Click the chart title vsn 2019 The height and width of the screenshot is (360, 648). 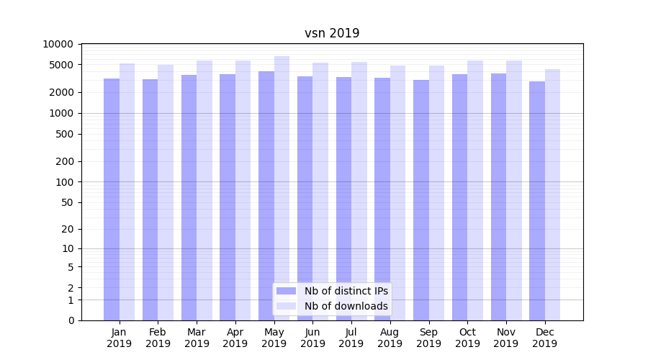coord(332,33)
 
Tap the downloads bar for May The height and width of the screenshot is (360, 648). coord(282,187)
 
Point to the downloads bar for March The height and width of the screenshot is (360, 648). coord(204,190)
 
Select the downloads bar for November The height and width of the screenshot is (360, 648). coord(514,190)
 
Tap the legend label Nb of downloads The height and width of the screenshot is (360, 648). coord(346,306)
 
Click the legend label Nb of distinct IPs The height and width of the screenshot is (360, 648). coord(346,291)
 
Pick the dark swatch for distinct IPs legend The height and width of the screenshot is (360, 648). coord(287,291)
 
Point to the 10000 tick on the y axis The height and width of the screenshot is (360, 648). coord(58,44)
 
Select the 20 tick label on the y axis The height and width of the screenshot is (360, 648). coord(67,229)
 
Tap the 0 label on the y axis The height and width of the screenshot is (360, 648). coord(71,320)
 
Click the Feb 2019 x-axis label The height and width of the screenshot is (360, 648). coord(158,338)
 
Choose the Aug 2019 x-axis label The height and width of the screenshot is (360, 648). coord(390,338)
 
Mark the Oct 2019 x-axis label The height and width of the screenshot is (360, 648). coord(467,338)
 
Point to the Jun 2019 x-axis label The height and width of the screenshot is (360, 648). coord(312,338)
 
